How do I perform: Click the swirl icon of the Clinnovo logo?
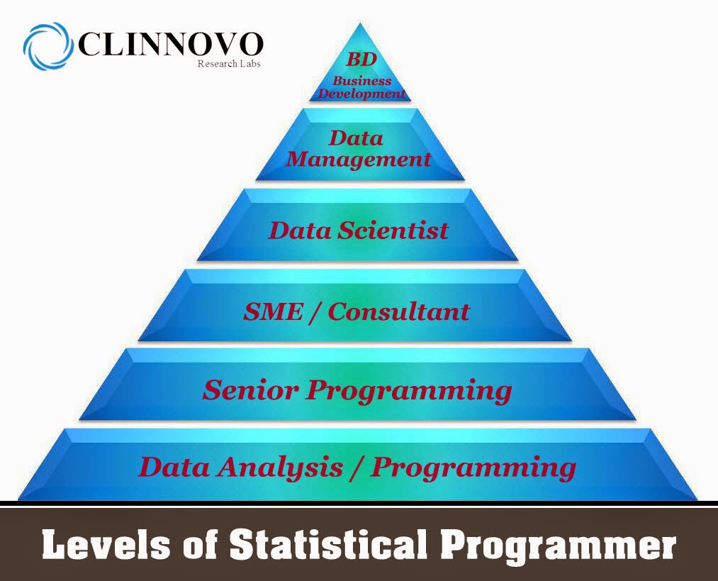47,45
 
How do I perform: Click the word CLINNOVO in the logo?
170,45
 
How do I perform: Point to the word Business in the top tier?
361,81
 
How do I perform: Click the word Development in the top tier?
361,94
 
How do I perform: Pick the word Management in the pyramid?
359,159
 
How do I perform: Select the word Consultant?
398,311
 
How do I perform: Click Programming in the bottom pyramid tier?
473,468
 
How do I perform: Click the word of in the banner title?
198,547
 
